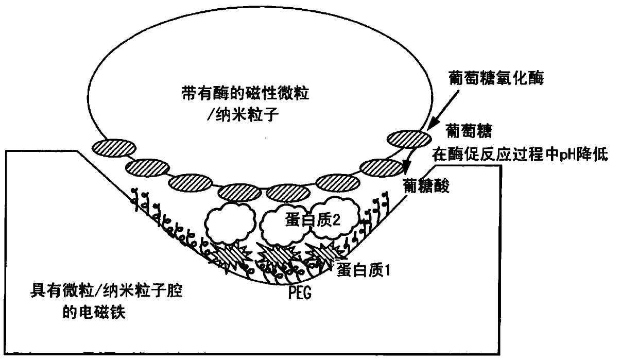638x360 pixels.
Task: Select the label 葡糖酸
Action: tap(427, 186)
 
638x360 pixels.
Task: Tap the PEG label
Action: tap(301, 294)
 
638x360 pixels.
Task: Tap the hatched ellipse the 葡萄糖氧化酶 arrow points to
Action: tap(409, 139)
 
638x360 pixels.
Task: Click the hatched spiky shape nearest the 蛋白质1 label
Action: tap(320, 253)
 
